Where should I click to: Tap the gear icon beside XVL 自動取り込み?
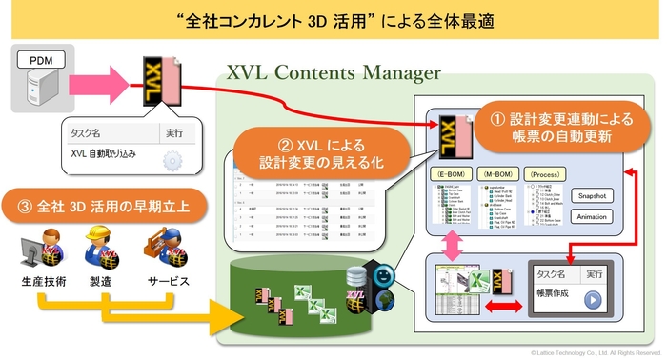[173, 159]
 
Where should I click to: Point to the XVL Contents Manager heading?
[333, 72]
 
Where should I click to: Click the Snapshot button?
[591, 194]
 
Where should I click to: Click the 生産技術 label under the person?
[42, 281]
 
